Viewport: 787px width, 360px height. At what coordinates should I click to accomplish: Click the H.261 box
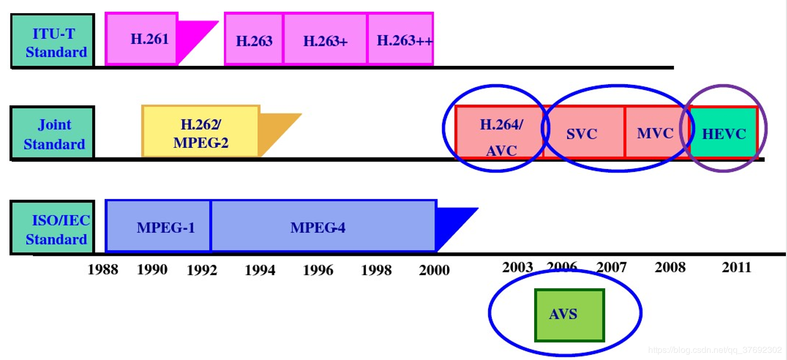(142, 39)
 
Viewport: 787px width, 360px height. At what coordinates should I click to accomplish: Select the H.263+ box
(325, 40)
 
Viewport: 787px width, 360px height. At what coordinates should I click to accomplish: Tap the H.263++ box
(401, 40)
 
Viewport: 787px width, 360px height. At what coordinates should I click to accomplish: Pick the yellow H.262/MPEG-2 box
(200, 132)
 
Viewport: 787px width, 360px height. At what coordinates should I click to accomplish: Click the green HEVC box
(724, 133)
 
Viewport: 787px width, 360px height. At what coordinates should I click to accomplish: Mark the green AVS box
(570, 315)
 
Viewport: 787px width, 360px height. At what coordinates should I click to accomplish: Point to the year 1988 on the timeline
(103, 269)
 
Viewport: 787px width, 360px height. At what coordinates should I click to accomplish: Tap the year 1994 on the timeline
(260, 269)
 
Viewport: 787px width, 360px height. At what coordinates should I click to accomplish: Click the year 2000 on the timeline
(434, 269)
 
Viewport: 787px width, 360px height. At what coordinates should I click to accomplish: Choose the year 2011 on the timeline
(736, 267)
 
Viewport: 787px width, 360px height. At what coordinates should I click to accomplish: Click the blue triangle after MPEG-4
(452, 223)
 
